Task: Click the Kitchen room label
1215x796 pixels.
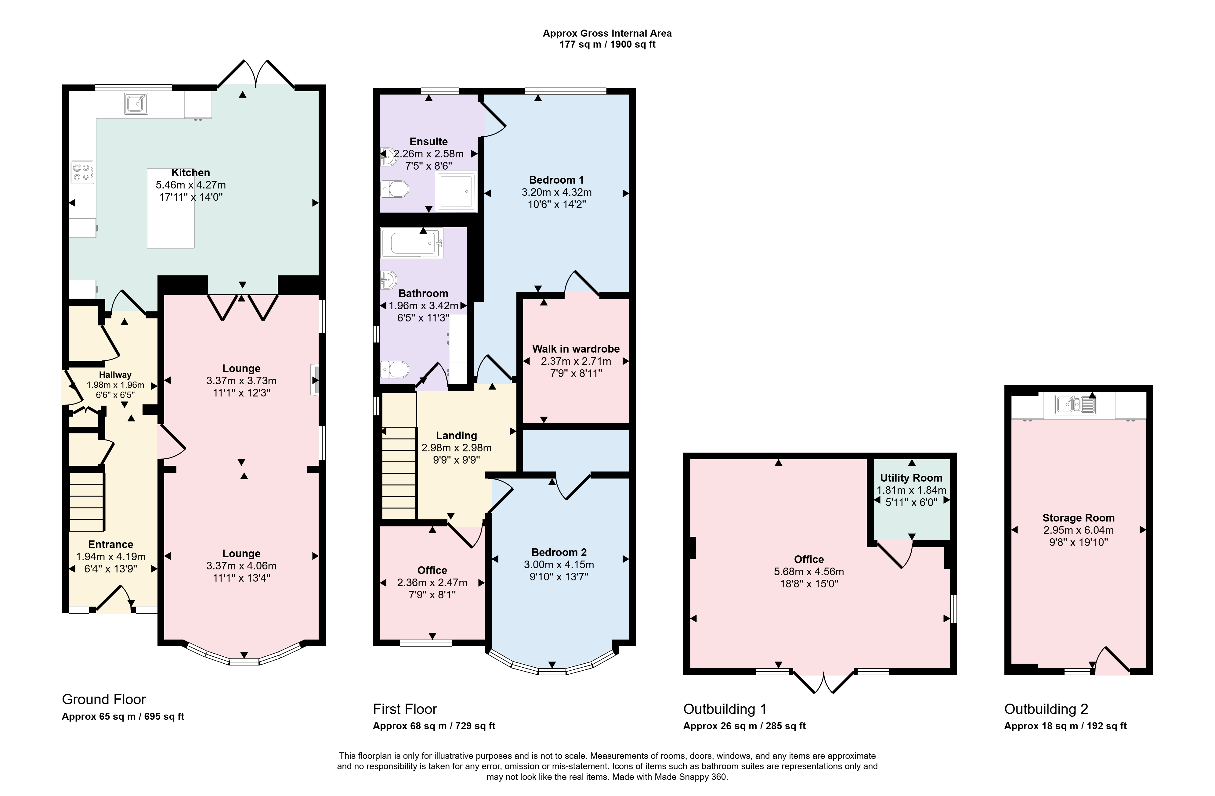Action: (190, 173)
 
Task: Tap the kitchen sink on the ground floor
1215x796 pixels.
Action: (135, 104)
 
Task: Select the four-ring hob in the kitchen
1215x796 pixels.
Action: (82, 172)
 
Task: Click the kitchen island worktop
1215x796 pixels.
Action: (171, 208)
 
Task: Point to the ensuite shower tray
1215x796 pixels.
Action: (456, 191)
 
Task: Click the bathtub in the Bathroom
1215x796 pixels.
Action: (411, 243)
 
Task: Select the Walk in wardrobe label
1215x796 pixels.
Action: (576, 349)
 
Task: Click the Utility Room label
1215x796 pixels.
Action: (911, 478)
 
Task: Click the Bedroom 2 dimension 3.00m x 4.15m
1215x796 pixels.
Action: (559, 565)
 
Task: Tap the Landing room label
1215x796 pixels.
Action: (456, 436)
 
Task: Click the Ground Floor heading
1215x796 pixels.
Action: (104, 700)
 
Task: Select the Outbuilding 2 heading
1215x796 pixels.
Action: (1046, 709)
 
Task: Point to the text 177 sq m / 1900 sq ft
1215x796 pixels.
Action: (607, 45)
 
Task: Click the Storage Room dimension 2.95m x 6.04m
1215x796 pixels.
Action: (1079, 530)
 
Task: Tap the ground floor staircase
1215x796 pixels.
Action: (87, 502)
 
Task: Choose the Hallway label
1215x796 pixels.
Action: (115, 375)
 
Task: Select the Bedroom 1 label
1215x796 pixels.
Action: (556, 180)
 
